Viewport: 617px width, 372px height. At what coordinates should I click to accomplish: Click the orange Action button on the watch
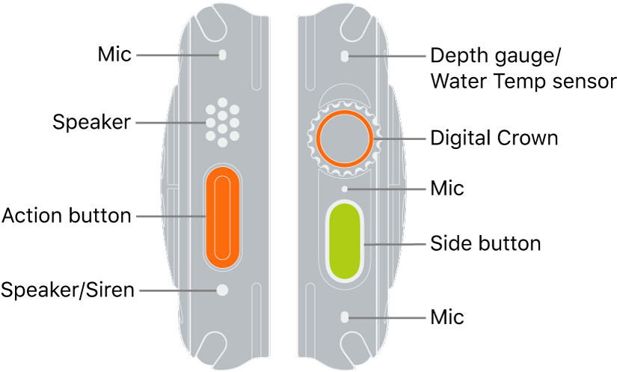(x=222, y=217)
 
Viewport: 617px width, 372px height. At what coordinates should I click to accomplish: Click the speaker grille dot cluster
(x=222, y=121)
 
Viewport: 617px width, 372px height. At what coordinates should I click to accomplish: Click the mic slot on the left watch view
(x=222, y=55)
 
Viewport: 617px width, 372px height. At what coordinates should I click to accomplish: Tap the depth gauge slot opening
(x=344, y=56)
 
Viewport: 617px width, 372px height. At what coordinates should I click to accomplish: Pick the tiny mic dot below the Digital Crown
(x=344, y=189)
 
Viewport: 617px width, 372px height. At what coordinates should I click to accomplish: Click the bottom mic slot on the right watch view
(x=344, y=317)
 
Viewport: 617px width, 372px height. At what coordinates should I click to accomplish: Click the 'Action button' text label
(x=67, y=217)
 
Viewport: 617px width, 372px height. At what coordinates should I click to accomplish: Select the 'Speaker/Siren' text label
(x=67, y=290)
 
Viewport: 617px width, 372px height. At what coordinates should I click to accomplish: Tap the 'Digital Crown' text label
(x=494, y=138)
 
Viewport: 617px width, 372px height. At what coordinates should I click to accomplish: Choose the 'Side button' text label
(x=485, y=243)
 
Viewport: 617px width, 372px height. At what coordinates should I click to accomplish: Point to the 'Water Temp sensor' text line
(x=523, y=81)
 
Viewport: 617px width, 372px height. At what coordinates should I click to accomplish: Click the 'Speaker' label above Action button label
(x=91, y=121)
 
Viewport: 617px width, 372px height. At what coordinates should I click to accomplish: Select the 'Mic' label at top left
(x=114, y=55)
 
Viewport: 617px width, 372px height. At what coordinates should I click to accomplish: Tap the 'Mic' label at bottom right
(x=447, y=317)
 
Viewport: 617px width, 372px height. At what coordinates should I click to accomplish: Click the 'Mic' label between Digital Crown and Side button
(x=447, y=189)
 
